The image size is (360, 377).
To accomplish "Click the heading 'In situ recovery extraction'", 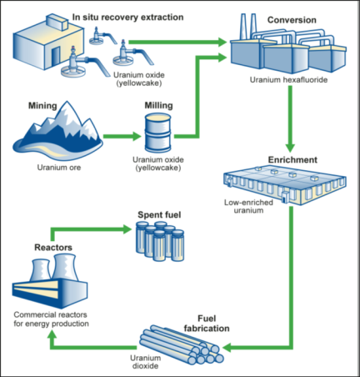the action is (x=127, y=18).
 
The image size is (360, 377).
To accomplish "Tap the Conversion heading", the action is (x=292, y=20).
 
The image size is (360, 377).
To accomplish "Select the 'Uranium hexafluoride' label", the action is (x=288, y=80).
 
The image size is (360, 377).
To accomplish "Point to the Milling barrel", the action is (x=158, y=133).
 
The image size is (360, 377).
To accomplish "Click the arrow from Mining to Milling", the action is (x=122, y=136).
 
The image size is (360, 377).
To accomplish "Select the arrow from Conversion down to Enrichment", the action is (x=290, y=118).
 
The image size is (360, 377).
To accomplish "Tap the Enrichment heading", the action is (x=292, y=160).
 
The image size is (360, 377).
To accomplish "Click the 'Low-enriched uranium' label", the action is (x=248, y=206).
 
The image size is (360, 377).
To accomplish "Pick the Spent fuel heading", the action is (x=159, y=214).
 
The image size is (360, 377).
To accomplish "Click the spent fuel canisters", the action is (x=160, y=241).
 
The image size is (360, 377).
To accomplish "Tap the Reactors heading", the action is (x=53, y=247).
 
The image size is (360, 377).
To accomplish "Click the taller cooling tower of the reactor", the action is (x=66, y=268).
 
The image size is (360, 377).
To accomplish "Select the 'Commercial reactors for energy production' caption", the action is (x=51, y=319).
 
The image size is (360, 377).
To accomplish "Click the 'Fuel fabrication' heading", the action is (x=207, y=324).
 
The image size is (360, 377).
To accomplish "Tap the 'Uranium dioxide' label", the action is (x=145, y=362).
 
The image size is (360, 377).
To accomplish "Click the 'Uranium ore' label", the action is (x=59, y=168).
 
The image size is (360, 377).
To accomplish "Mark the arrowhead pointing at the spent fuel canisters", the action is (x=127, y=229).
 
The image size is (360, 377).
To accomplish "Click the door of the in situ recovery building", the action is (x=56, y=56).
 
